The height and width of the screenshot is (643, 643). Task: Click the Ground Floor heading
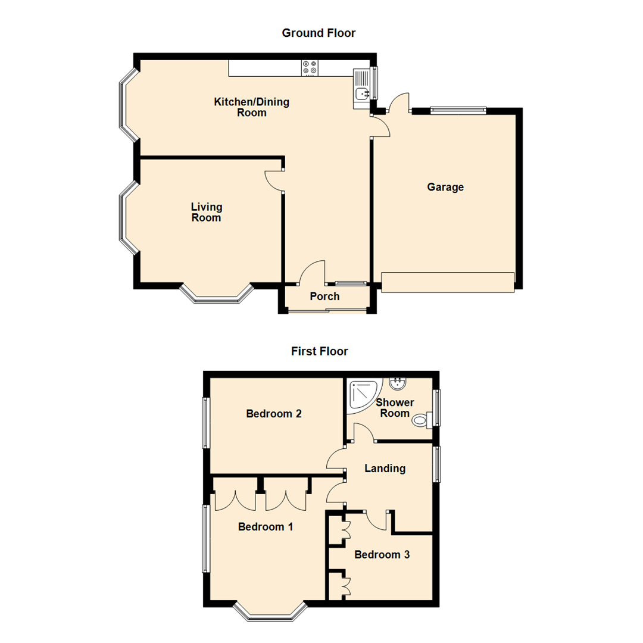click(x=319, y=33)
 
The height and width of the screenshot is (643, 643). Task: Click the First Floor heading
click(x=319, y=351)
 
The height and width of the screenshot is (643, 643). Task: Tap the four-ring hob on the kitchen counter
click(x=310, y=68)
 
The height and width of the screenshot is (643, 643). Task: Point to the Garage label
click(x=445, y=188)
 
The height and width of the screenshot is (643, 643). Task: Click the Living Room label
click(x=207, y=213)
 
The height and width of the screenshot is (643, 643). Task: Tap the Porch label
click(x=325, y=296)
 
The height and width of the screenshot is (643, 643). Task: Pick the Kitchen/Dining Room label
click(x=252, y=107)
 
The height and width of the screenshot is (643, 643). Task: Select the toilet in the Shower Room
click(x=422, y=420)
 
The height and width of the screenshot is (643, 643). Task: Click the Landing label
click(x=385, y=469)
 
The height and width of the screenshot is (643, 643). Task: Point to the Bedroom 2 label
click(x=273, y=414)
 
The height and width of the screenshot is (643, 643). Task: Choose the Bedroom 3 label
click(x=382, y=555)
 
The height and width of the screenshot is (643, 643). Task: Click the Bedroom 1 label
click(x=266, y=527)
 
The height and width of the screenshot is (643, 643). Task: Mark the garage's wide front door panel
click(x=447, y=282)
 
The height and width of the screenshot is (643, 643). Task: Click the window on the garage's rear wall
click(x=458, y=110)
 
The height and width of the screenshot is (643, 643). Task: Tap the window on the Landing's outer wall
click(x=436, y=464)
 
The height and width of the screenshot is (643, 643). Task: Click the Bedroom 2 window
click(x=206, y=423)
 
